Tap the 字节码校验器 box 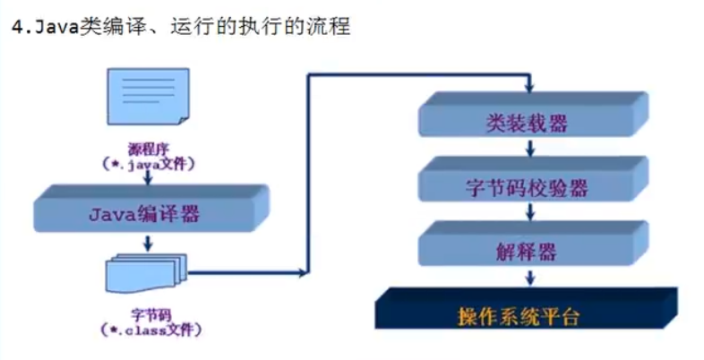pyautogui.click(x=528, y=186)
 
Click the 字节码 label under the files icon pyautogui.click(x=147, y=315)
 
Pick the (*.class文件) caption pyautogui.click(x=147, y=330)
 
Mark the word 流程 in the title pyautogui.click(x=328, y=27)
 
